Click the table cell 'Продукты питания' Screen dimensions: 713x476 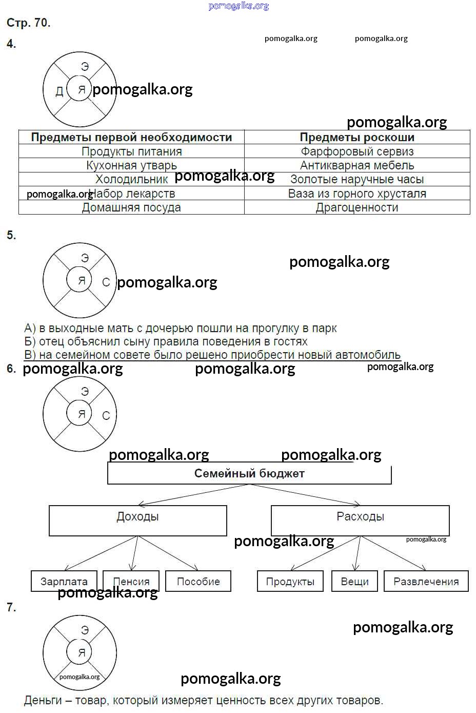point(131,151)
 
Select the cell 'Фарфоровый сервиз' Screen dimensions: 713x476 point(357,151)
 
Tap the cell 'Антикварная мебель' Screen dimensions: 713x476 point(357,165)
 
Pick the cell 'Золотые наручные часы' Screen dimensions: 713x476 point(357,179)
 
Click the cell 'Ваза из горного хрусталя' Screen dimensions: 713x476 point(357,194)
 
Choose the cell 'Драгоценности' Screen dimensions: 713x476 point(357,207)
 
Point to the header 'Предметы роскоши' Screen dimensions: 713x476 point(357,137)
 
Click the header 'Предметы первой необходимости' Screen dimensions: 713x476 point(131,137)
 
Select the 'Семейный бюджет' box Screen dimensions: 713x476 point(249,473)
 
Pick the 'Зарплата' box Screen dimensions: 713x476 point(64,582)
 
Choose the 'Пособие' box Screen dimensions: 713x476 point(198,582)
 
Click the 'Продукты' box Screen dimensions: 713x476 point(290,582)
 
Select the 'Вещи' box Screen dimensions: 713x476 point(355,582)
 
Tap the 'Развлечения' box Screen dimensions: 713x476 point(426,582)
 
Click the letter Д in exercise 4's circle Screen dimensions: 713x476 point(60,91)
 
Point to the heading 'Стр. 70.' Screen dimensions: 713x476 point(28,23)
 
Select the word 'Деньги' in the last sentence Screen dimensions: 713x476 point(43,700)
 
